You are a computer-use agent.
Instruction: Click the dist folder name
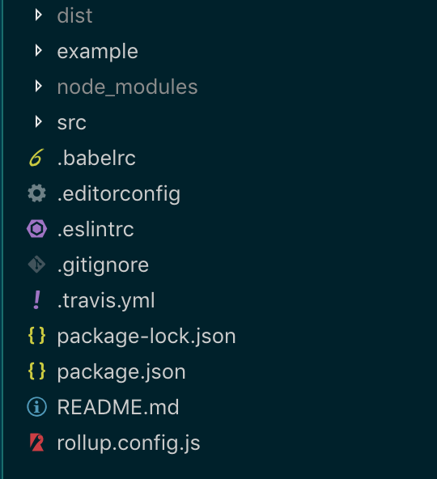click(x=74, y=15)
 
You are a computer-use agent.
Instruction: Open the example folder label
click(x=97, y=52)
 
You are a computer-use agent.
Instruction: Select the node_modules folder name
click(x=127, y=87)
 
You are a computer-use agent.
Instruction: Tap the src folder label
click(x=72, y=123)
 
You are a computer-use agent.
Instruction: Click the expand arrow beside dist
click(x=39, y=15)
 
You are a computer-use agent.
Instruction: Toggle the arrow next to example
click(x=39, y=51)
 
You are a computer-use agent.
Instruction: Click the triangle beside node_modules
click(x=39, y=86)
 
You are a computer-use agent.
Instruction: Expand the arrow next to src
click(x=39, y=122)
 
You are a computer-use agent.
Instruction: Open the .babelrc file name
click(x=96, y=158)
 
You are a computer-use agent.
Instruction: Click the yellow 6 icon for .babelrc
click(x=36, y=158)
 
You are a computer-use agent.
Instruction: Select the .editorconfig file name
click(x=119, y=194)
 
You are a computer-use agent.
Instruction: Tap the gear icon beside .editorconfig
click(x=36, y=193)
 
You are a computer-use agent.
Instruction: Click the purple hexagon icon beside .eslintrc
click(x=36, y=229)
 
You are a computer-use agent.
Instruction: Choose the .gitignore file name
click(x=103, y=265)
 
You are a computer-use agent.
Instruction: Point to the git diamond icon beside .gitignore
click(x=36, y=265)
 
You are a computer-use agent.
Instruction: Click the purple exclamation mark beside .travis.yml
click(x=36, y=300)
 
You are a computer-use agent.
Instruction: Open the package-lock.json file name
click(x=146, y=337)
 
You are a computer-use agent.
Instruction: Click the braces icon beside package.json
click(x=36, y=371)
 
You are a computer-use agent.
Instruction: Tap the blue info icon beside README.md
click(x=36, y=407)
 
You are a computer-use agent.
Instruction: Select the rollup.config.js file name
click(x=129, y=443)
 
